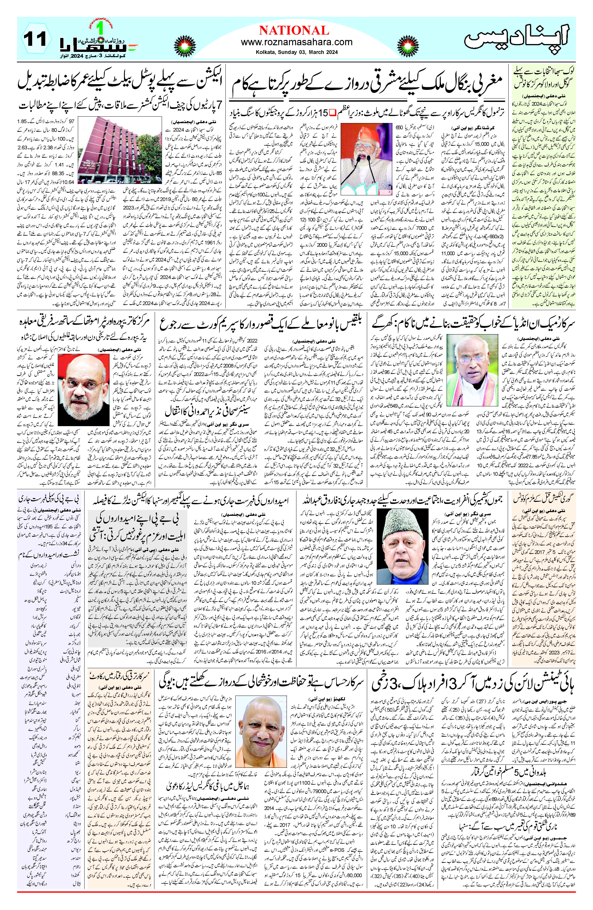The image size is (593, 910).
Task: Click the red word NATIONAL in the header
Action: click(x=294, y=31)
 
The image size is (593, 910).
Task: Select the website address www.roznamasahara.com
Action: click(x=297, y=42)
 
